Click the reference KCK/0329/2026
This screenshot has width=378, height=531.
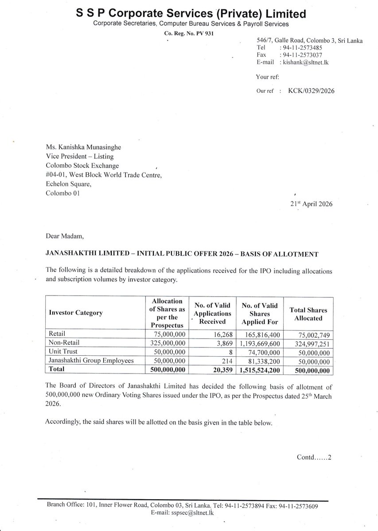[x=311, y=91]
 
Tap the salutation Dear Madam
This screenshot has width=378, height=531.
[x=62, y=236]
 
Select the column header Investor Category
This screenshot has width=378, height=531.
[x=76, y=313]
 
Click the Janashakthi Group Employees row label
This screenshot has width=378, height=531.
[x=91, y=361]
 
